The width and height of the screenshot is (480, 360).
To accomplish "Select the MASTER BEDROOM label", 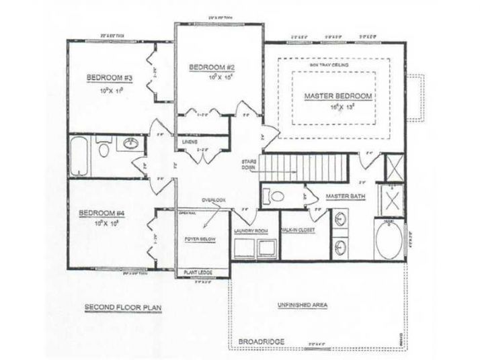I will pos(338,95).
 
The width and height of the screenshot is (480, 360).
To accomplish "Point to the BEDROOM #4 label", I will pos(98,214).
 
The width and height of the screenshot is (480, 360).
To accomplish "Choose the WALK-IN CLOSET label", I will pos(298,230).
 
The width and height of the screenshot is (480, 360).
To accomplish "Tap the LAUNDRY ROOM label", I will pos(251,230).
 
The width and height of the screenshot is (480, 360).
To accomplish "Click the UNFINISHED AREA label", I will pos(303,305).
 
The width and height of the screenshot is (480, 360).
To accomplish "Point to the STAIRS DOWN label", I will pos(249,165).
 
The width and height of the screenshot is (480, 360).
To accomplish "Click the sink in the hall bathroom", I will pos(129,144).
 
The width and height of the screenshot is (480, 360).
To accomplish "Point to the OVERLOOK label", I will pos(210,199).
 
